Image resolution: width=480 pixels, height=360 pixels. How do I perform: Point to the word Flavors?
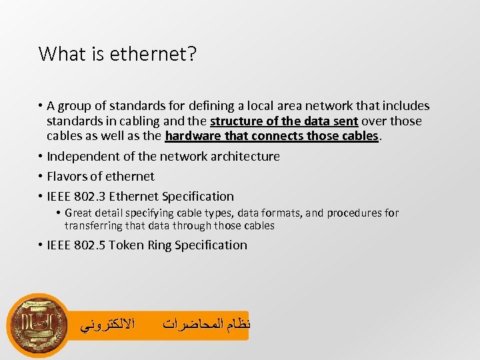pos(67,177)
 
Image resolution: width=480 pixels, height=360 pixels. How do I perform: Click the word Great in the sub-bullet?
pos(79,213)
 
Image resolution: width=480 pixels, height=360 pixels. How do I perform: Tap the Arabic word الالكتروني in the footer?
pos(107,325)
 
